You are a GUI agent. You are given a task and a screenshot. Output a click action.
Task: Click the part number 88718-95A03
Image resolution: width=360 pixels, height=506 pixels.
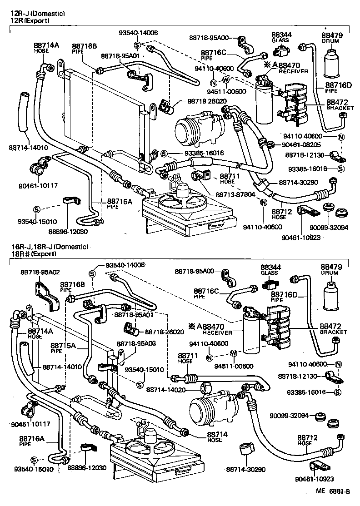(136, 344)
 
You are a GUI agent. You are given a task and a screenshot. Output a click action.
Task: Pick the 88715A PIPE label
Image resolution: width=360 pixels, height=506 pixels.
(62, 347)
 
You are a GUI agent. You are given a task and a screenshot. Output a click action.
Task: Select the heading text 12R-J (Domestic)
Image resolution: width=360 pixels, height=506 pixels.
(38, 14)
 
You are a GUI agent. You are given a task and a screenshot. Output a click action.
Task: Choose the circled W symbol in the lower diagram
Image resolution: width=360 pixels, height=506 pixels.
(233, 353)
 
